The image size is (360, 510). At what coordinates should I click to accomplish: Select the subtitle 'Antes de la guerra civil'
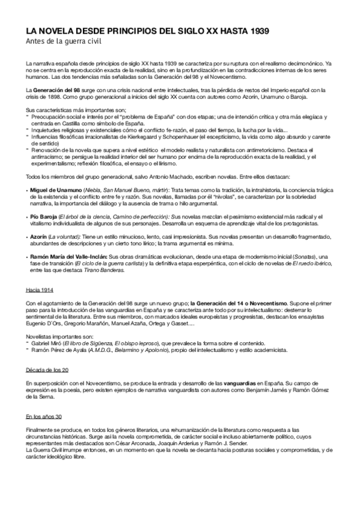pos(59,41)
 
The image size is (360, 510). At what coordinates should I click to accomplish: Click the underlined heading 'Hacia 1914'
pos(40,290)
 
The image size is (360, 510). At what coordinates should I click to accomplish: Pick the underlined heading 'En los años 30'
pos(44,416)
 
